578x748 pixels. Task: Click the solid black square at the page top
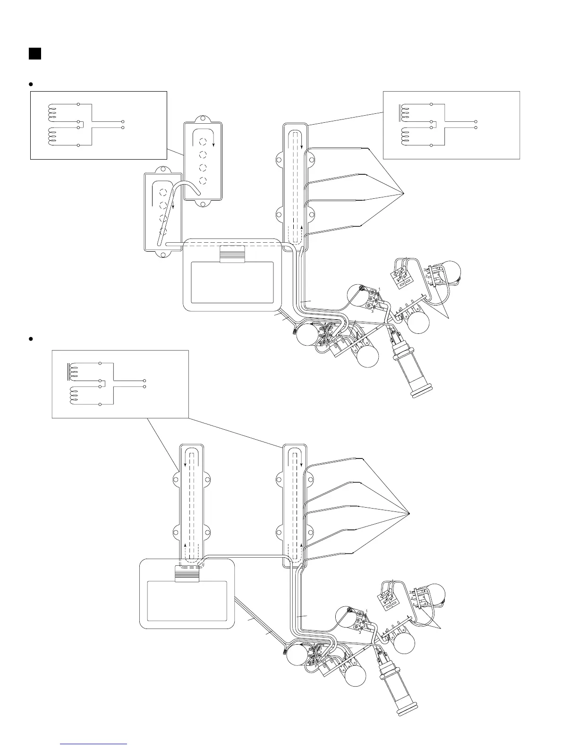click(x=35, y=53)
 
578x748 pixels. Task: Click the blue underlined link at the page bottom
click(x=94, y=744)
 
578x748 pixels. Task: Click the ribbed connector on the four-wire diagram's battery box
click(x=232, y=254)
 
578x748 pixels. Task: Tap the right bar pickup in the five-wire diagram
click(x=295, y=505)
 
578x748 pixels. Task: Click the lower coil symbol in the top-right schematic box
click(x=405, y=136)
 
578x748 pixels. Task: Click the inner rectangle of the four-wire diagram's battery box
click(x=232, y=282)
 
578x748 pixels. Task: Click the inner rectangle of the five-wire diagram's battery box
click(x=187, y=601)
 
